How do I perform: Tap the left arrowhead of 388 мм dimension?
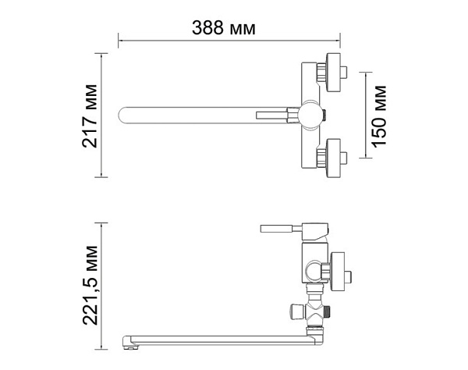120,37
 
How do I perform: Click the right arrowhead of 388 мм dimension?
339,37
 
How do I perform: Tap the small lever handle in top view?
268,116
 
